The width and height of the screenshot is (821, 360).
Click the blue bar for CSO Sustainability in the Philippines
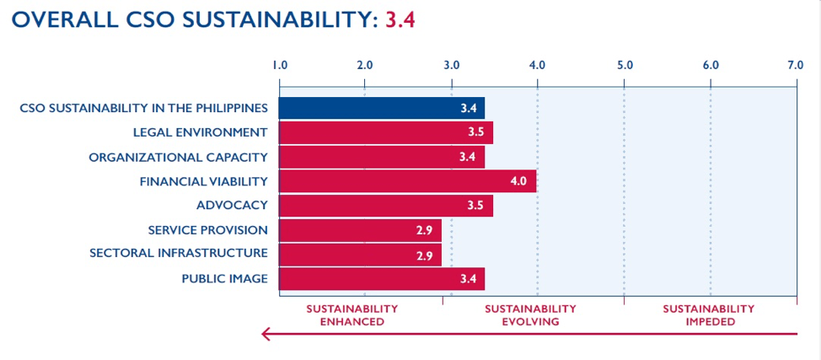click(x=381, y=109)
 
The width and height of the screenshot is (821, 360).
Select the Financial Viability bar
click(x=407, y=181)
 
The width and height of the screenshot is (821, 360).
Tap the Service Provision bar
click(x=360, y=230)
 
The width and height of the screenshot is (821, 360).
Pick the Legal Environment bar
click(x=385, y=133)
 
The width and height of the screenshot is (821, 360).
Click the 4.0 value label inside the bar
click(x=518, y=181)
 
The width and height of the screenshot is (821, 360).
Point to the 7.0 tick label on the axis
click(x=795, y=64)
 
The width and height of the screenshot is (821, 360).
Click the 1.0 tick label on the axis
click(x=280, y=64)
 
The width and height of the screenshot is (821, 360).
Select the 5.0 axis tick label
click(x=624, y=64)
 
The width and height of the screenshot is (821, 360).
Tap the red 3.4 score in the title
click(x=400, y=20)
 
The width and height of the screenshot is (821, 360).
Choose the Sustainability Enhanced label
click(x=351, y=315)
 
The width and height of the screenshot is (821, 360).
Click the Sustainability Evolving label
click(x=530, y=315)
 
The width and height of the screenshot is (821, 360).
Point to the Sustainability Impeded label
click(x=708, y=315)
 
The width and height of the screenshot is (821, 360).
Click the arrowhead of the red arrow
click(x=266, y=336)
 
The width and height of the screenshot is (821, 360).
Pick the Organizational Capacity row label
click(x=178, y=158)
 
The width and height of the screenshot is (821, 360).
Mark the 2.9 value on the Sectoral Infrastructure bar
click(x=425, y=255)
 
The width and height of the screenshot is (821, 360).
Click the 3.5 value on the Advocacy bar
click(x=476, y=206)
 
